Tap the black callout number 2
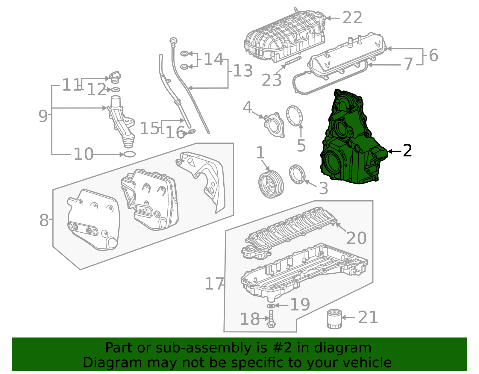tap(407, 151)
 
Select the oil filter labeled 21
tap(334, 319)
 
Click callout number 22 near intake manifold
tap(352, 18)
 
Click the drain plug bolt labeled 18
tap(271, 319)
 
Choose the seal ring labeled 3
tap(297, 174)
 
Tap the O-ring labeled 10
tap(129, 154)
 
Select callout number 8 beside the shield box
tap(44, 220)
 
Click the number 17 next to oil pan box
tap(214, 284)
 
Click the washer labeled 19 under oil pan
tap(271, 306)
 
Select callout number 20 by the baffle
tap(356, 238)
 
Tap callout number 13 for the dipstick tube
tap(243, 71)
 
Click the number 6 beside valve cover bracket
tap(433, 55)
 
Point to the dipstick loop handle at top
tap(173, 41)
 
